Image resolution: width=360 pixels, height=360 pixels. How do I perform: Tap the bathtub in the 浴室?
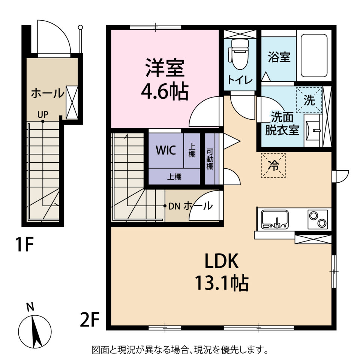[x=314, y=55]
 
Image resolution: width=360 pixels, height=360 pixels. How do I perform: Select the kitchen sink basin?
[x=275, y=220]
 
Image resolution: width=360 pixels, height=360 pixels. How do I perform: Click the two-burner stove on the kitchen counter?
[x=318, y=219]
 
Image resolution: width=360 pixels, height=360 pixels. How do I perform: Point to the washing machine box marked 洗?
[x=309, y=100]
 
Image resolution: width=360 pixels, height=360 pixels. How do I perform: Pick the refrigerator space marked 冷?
[x=273, y=165]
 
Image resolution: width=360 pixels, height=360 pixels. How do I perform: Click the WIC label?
[x=166, y=150]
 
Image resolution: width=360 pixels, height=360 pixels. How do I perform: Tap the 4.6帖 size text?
[x=165, y=91]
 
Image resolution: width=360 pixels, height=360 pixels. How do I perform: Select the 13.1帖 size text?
[x=222, y=283]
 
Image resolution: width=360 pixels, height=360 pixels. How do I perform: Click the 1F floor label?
[x=25, y=244]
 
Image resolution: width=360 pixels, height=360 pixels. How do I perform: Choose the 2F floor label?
[x=90, y=319]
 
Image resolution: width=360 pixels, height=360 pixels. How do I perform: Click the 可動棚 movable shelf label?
[x=210, y=159]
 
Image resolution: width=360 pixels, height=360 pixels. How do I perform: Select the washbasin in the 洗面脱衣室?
[x=312, y=130]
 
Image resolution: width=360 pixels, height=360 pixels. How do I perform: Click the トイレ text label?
[x=240, y=80]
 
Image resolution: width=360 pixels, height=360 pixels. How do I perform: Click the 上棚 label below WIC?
[x=174, y=177]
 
